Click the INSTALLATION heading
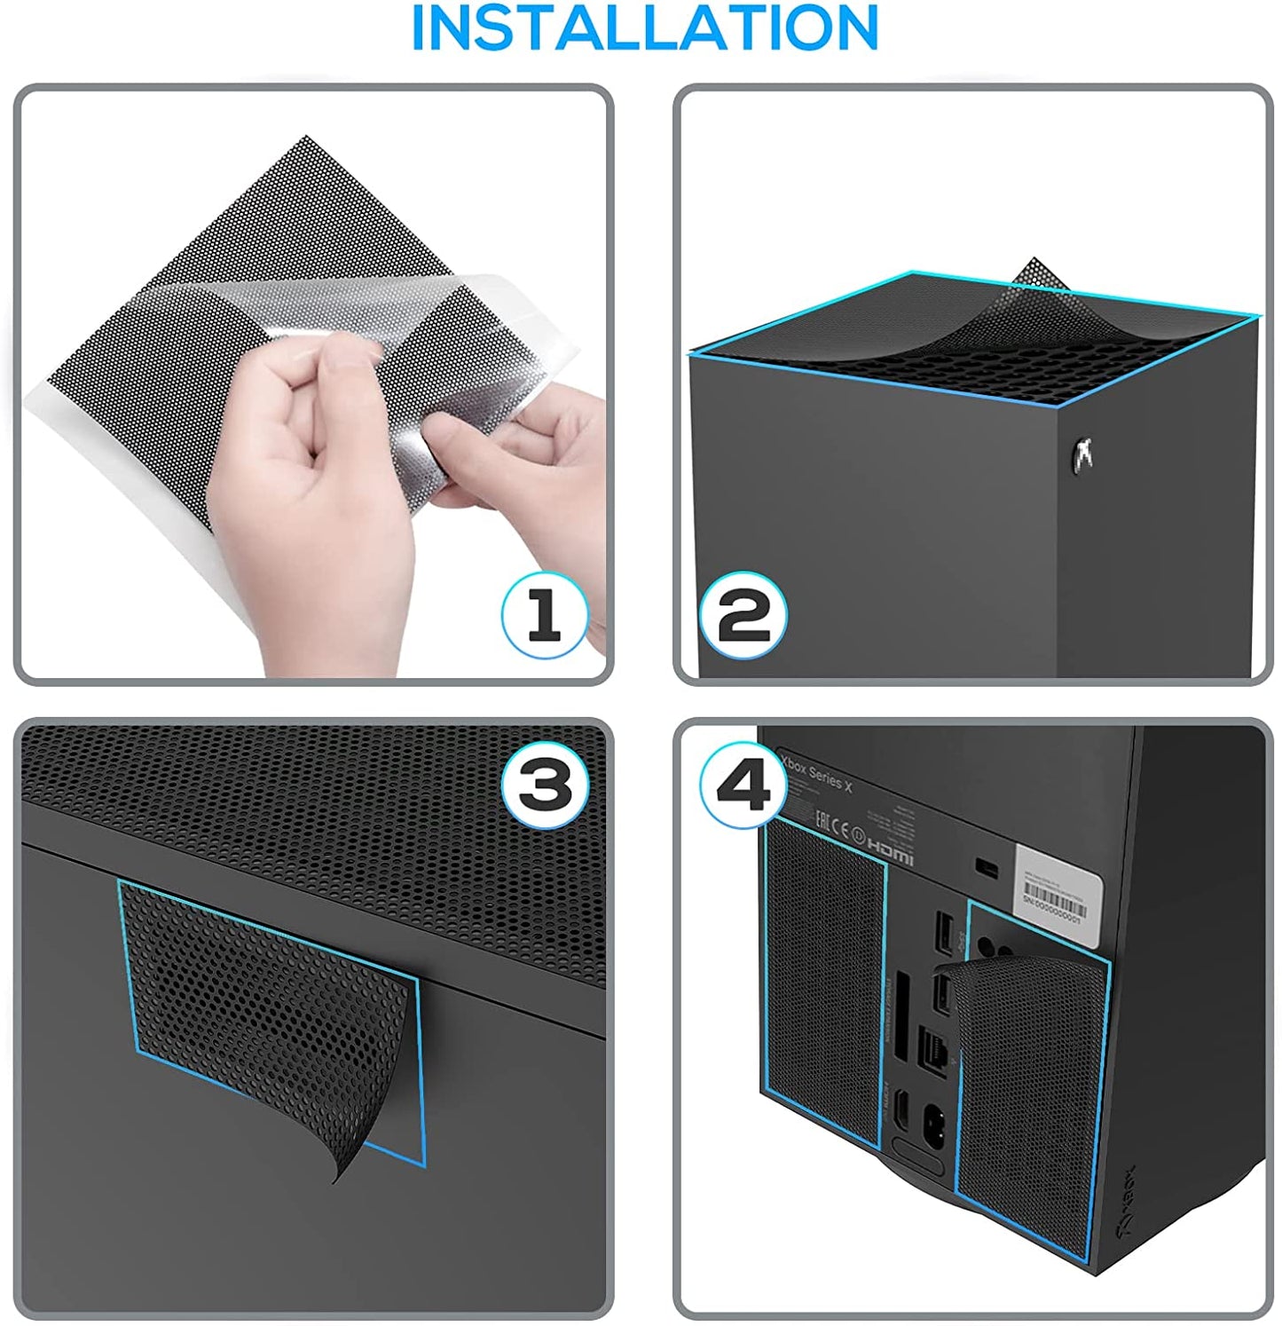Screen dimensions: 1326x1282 pos(645,28)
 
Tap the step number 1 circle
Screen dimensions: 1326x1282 pos(544,615)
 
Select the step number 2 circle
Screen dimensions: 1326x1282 pos(743,615)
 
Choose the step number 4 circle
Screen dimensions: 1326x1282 pos(743,785)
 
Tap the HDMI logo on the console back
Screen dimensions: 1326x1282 pos(890,850)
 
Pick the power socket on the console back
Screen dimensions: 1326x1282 pos(933,1120)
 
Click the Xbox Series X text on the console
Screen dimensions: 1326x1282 pos(816,773)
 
